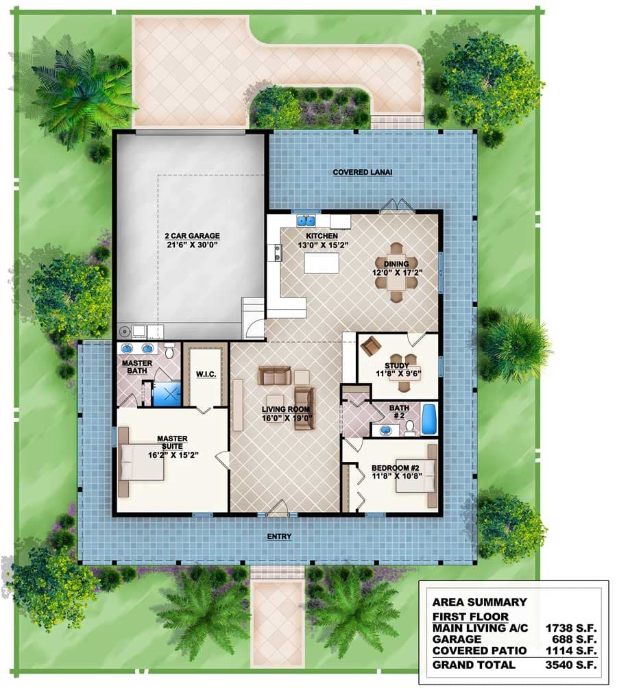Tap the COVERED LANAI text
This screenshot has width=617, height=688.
coord(363,173)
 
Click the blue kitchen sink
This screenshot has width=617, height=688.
coord(305,221)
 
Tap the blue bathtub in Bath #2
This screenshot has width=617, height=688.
coord(428,419)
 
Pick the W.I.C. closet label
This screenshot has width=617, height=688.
coord(206,374)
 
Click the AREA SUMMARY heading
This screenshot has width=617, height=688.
coord(479,602)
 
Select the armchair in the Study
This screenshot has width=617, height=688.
coord(371,347)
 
